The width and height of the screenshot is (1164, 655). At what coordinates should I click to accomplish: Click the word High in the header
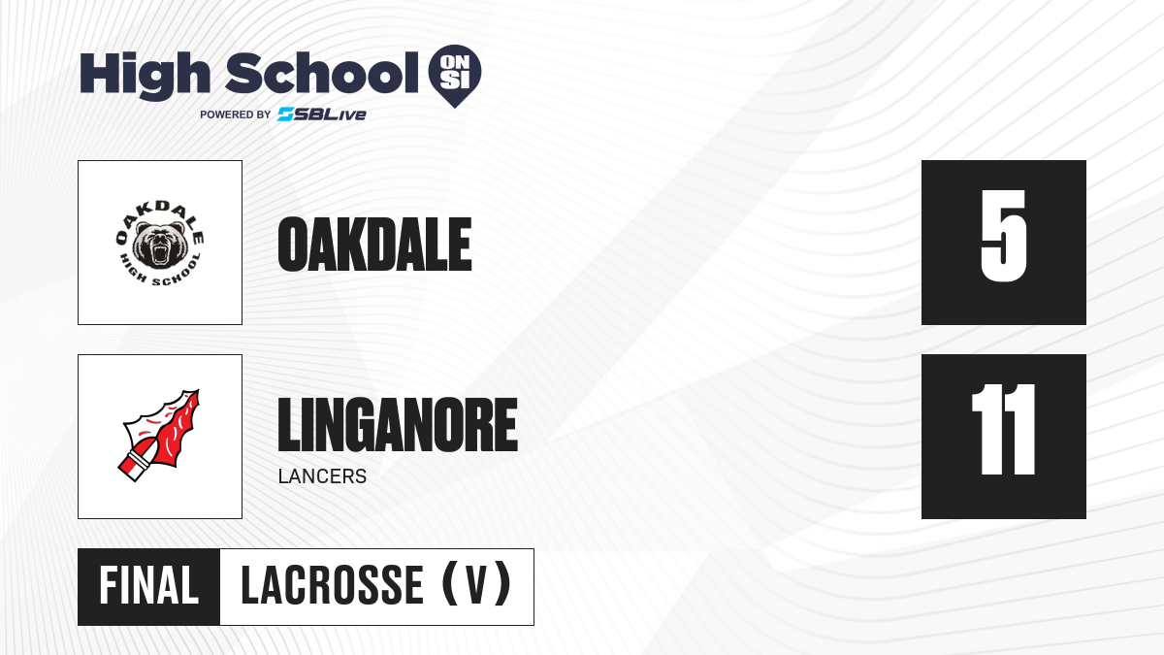(x=145, y=76)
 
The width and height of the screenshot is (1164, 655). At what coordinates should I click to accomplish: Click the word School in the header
(x=322, y=73)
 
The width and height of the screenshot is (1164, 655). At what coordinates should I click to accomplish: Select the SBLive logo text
(x=322, y=115)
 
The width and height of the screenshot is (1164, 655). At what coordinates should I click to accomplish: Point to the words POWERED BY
(x=236, y=115)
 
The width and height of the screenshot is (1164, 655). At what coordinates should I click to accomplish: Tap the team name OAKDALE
(x=374, y=245)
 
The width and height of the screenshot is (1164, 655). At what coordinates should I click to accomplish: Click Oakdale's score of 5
(x=1004, y=236)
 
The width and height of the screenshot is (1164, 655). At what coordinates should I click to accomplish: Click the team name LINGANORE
(x=398, y=424)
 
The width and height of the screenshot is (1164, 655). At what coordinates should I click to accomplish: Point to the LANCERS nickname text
(x=322, y=476)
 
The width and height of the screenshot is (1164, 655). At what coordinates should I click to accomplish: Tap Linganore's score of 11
(x=1004, y=429)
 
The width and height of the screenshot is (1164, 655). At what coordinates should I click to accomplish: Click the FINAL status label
(x=149, y=586)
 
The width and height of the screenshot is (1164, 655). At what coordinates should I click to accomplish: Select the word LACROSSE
(x=332, y=586)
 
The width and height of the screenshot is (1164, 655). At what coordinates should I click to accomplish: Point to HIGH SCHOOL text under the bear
(x=160, y=272)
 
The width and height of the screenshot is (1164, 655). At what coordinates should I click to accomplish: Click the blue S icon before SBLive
(x=286, y=115)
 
